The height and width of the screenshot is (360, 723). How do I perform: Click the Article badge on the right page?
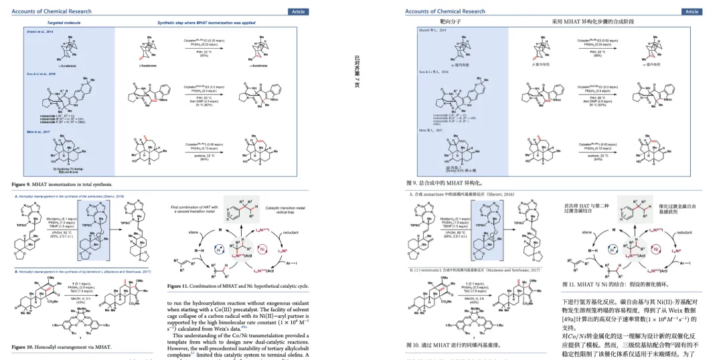(692, 11)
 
